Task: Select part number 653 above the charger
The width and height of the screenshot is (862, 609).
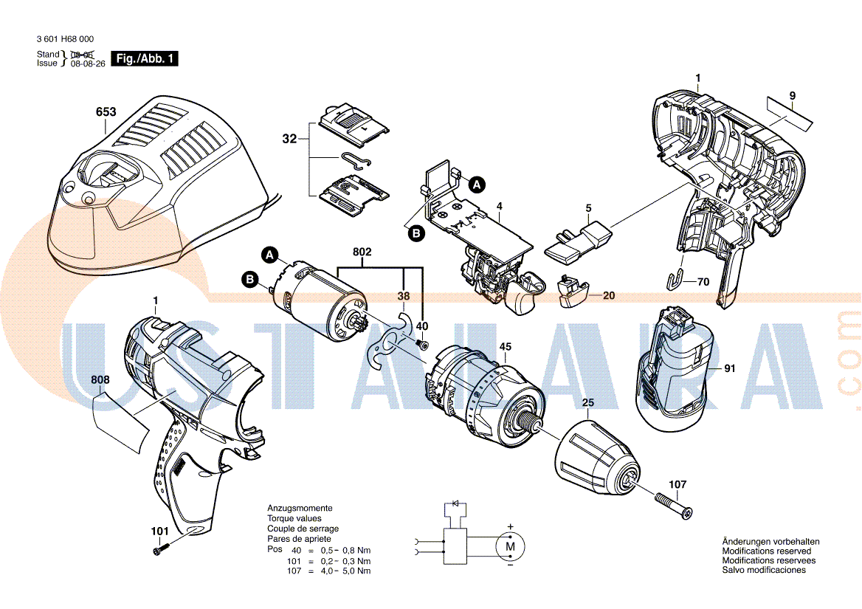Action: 106,112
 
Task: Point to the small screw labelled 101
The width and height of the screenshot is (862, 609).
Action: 161,548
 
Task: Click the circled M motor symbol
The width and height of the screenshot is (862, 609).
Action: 508,547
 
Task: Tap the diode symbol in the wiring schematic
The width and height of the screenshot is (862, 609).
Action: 455,503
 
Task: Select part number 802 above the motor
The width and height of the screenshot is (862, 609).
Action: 362,252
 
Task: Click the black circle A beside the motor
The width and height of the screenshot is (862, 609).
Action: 271,255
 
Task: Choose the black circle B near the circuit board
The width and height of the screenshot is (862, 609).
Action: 416,233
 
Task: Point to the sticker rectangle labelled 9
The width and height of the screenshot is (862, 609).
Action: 787,111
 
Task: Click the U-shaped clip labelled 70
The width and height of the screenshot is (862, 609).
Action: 674,281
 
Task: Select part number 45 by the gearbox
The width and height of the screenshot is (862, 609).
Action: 506,346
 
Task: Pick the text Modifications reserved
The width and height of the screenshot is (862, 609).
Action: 766,551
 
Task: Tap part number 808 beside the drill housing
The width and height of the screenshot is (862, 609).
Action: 100,380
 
